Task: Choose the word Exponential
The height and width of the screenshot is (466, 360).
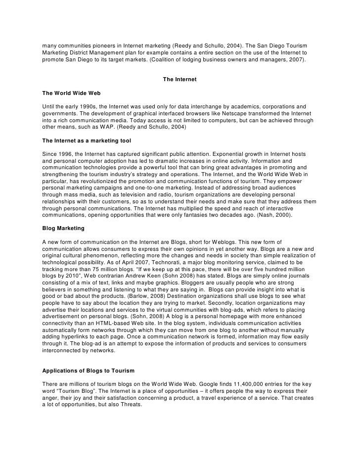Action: point(246,154)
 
